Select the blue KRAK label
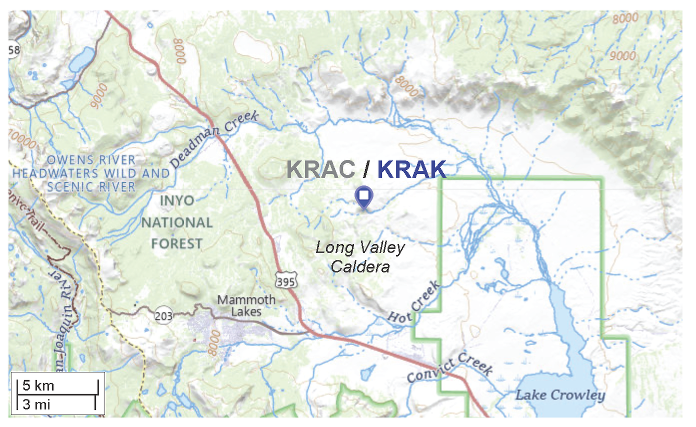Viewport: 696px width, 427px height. (x=412, y=169)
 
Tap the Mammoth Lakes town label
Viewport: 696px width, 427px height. (x=246, y=306)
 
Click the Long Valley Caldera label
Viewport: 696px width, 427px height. (x=360, y=257)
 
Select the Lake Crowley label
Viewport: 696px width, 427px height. (x=560, y=395)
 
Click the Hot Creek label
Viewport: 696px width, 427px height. (x=415, y=304)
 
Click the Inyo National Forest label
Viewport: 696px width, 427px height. (x=177, y=222)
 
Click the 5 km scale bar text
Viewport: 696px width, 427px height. (x=39, y=386)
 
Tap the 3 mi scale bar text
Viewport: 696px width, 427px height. (x=36, y=404)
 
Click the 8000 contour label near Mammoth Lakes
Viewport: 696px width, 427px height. (x=214, y=343)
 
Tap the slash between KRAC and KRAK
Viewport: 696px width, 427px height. (x=366, y=169)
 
